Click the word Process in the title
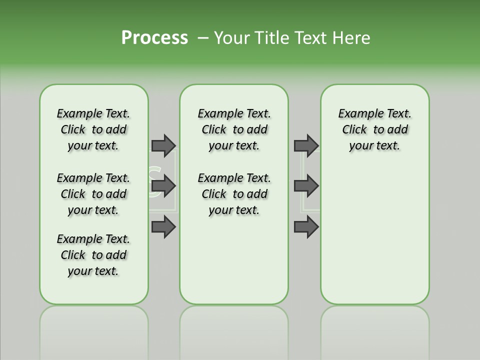154,38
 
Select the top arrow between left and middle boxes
163,145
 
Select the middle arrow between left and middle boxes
163,186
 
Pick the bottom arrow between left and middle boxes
163,227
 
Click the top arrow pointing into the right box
306,145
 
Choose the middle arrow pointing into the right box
306,186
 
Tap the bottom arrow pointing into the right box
306,227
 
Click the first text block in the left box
93,129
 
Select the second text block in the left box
93,194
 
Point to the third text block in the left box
93,255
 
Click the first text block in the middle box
234,129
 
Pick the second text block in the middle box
234,194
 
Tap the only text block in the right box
374,129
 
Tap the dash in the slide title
203,38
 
